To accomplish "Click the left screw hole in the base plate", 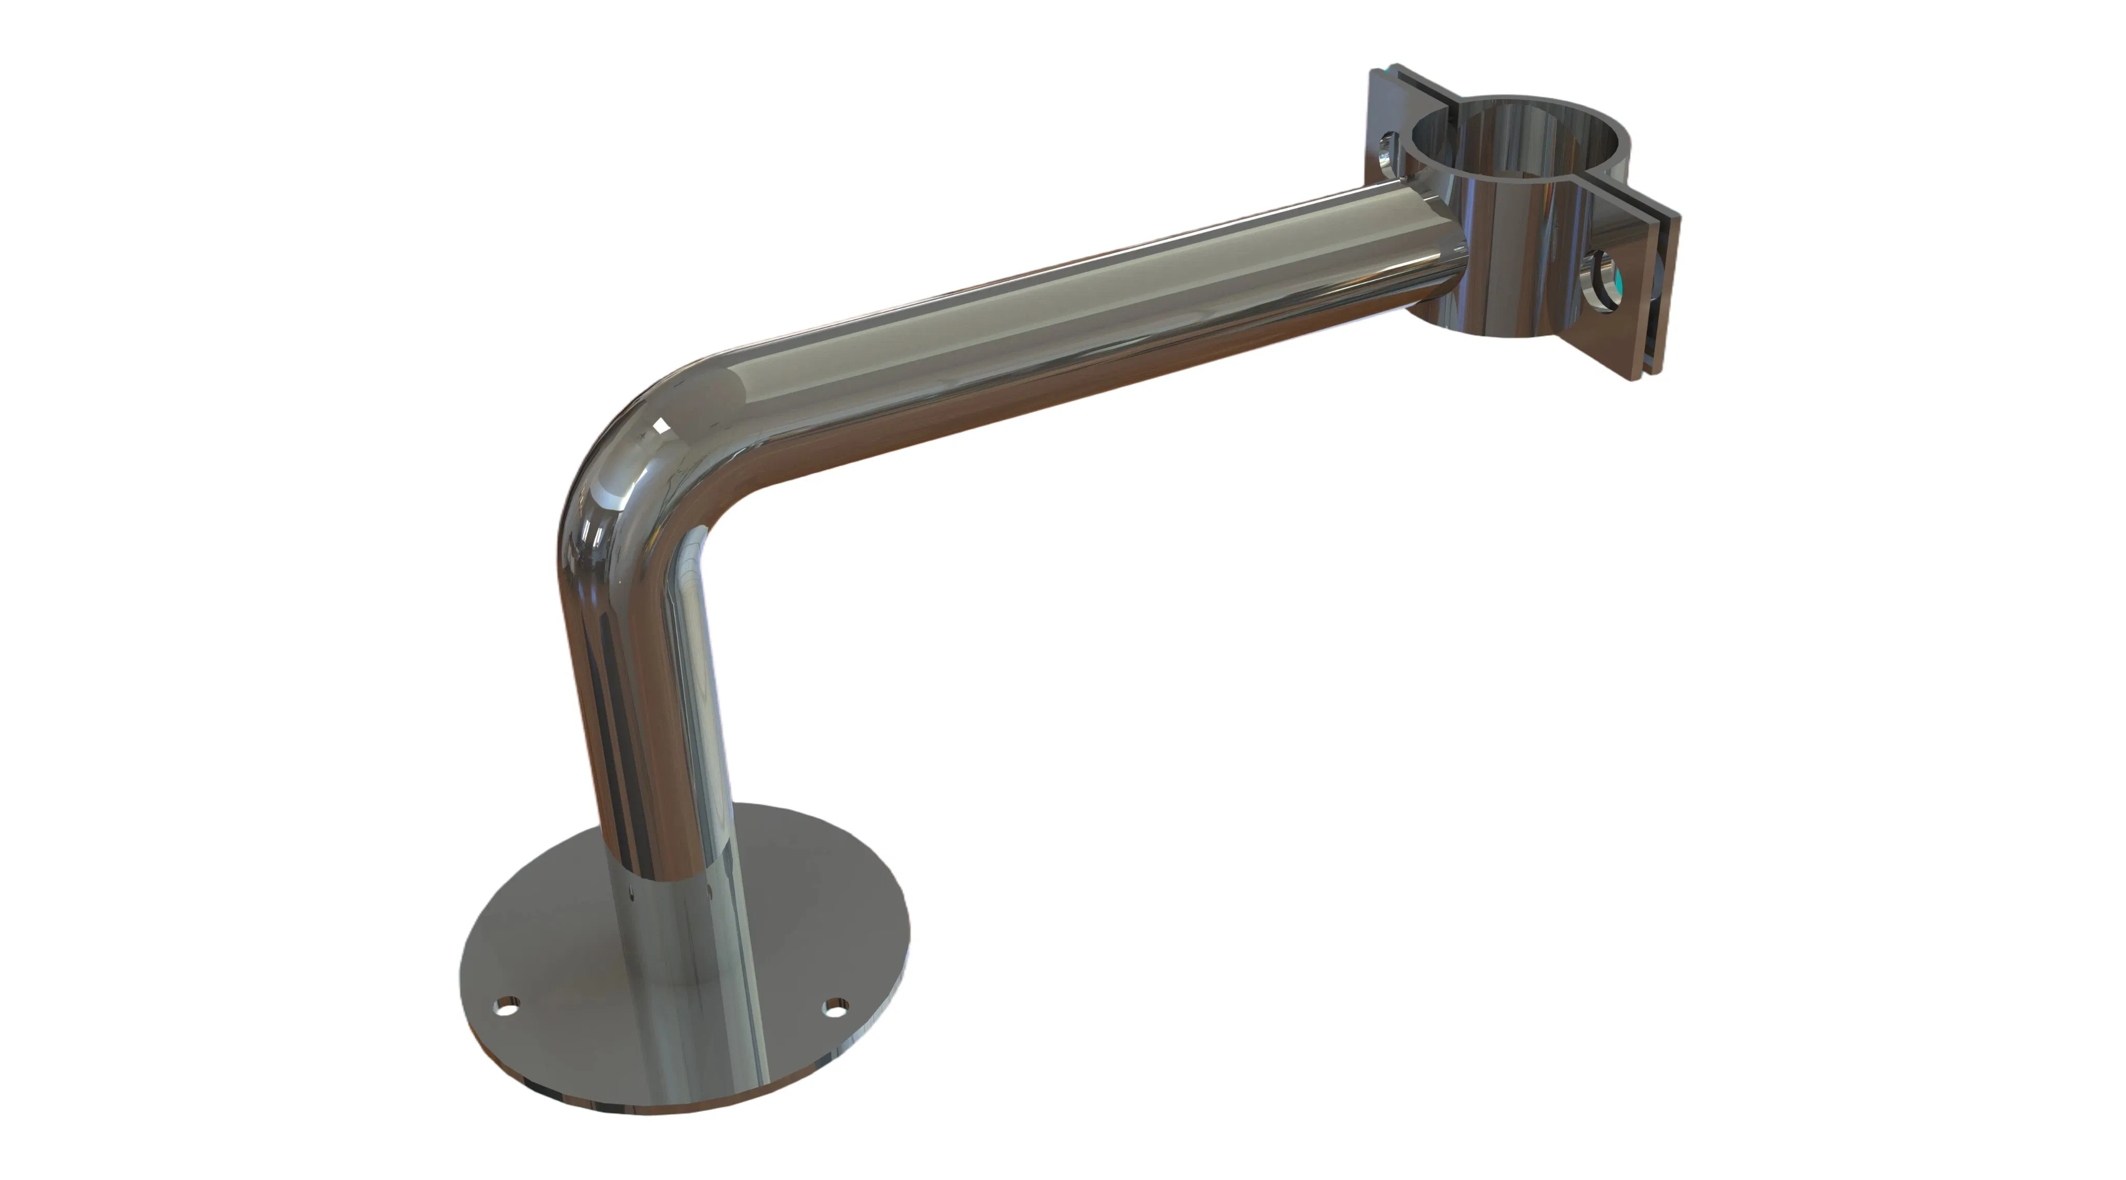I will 505,1007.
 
